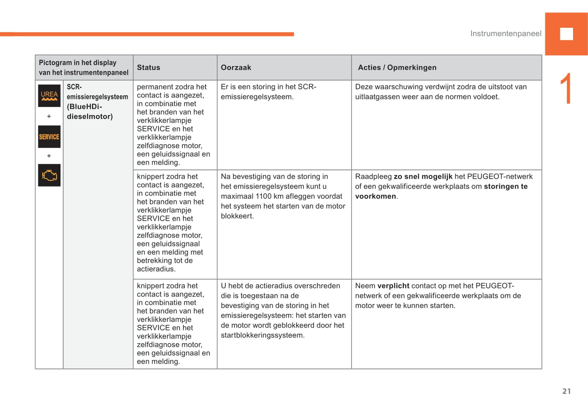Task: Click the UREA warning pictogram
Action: (x=49, y=96)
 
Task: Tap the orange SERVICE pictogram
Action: (x=49, y=137)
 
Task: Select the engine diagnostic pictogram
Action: (x=49, y=175)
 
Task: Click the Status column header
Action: (x=149, y=68)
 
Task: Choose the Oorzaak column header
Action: (x=236, y=68)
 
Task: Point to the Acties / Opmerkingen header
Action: (x=397, y=68)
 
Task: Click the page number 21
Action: (x=566, y=391)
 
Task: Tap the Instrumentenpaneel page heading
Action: (x=506, y=34)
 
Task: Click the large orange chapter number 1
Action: (x=566, y=89)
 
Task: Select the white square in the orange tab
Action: (x=566, y=34)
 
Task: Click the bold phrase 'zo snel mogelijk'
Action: (x=423, y=176)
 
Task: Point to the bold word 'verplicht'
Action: (x=393, y=286)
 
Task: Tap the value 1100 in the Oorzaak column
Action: (x=264, y=196)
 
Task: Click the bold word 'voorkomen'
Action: (x=376, y=196)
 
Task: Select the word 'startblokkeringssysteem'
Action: (x=262, y=335)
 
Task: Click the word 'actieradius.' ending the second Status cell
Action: (x=156, y=269)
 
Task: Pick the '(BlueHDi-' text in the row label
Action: (x=84, y=107)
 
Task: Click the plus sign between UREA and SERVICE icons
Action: (x=49, y=117)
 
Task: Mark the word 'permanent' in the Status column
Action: (x=153, y=87)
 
